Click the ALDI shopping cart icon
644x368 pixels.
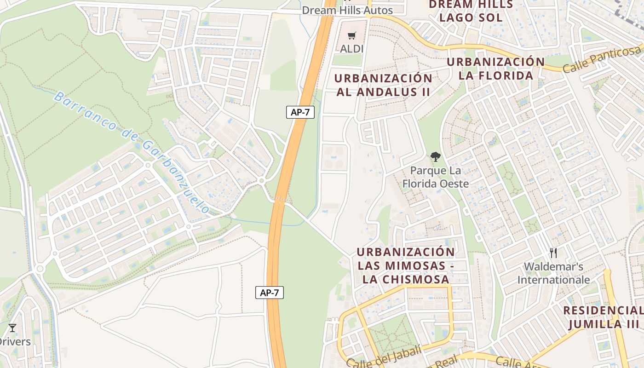click(x=352, y=35)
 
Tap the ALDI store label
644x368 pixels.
click(x=352, y=48)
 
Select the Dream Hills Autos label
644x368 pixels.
click(x=347, y=10)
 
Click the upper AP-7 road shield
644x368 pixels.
click(x=300, y=112)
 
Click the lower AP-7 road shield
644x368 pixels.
click(x=270, y=292)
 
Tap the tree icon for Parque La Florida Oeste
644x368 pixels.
click(x=435, y=157)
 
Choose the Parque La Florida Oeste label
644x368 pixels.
click(x=435, y=177)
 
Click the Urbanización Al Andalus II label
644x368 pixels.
click(x=383, y=85)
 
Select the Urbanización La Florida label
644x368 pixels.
click(x=496, y=69)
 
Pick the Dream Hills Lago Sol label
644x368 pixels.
click(x=470, y=11)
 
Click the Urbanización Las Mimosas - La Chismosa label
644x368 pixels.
click(x=406, y=265)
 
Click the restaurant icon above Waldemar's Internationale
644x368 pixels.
click(x=553, y=253)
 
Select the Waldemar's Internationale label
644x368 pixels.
click(x=553, y=273)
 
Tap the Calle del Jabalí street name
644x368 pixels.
click(x=384, y=358)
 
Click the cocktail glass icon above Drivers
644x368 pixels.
click(x=12, y=328)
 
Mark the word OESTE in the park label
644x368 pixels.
click(x=453, y=184)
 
